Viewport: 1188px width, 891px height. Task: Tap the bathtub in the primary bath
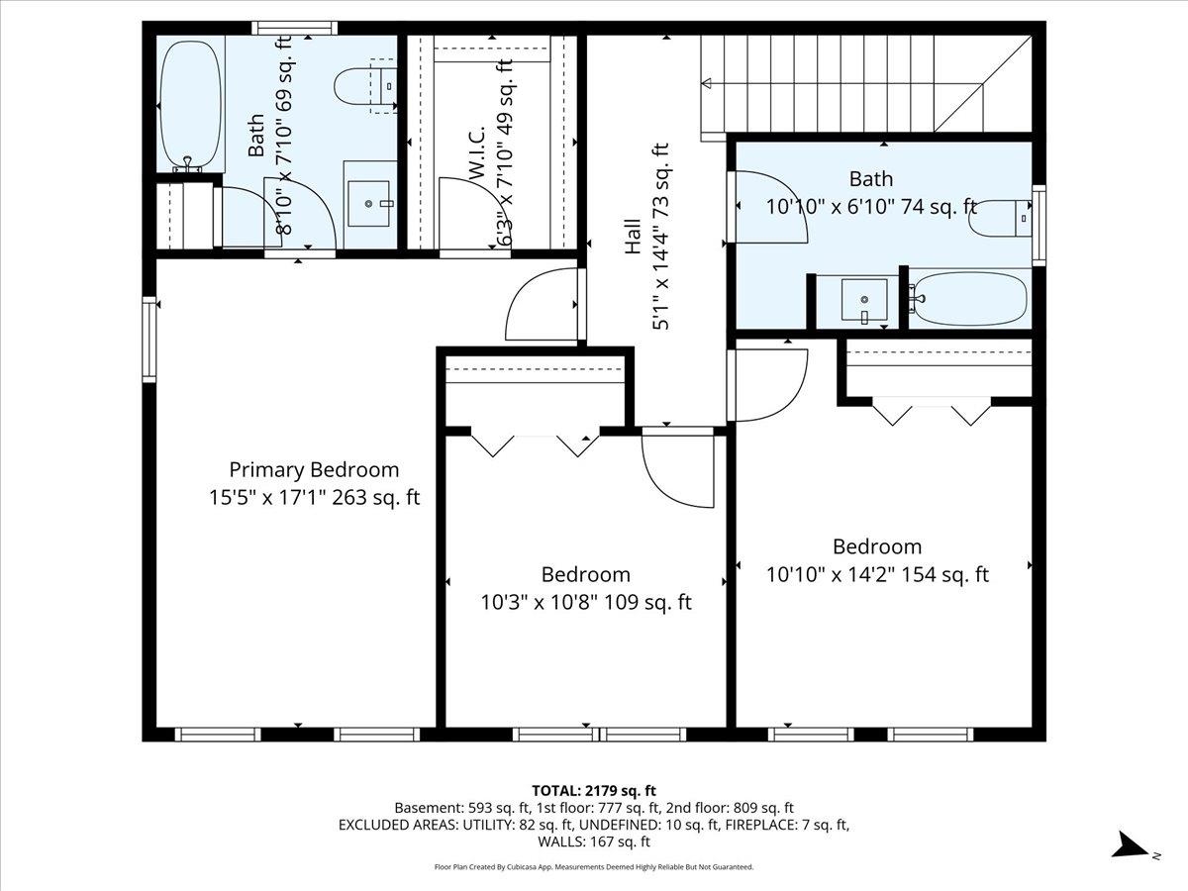(190, 104)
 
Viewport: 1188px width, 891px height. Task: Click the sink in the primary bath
(370, 204)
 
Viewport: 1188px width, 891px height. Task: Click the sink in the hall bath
(863, 299)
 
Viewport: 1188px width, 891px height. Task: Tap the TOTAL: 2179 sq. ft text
(594, 790)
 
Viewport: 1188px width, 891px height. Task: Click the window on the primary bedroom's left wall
(148, 340)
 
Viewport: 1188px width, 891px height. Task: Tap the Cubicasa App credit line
(594, 867)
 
